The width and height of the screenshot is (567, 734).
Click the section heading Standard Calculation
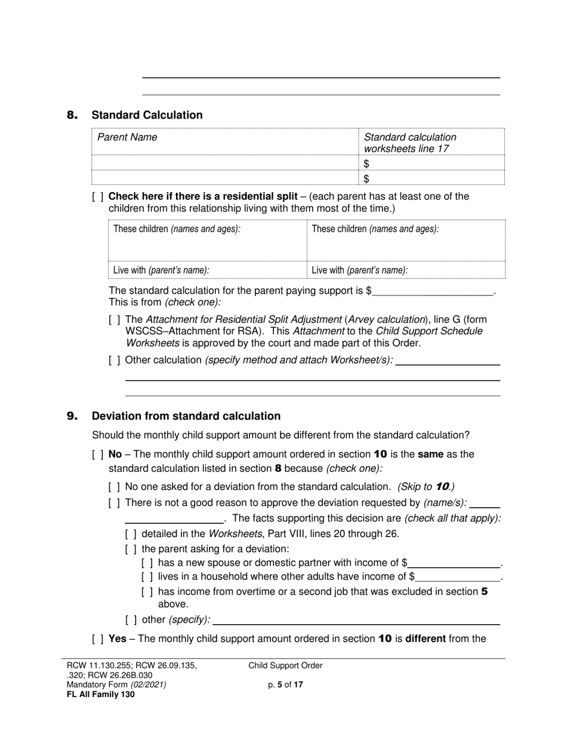coord(147,115)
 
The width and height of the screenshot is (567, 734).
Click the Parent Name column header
coord(127,137)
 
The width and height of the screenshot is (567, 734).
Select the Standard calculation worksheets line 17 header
coord(410,143)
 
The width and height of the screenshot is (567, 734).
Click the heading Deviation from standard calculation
coord(186,416)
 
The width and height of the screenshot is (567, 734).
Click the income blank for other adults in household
coord(458,577)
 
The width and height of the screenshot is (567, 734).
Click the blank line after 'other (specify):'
coord(356,621)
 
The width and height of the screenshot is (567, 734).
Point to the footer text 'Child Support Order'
coord(285,666)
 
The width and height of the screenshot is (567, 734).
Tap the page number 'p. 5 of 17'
coord(285,685)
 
